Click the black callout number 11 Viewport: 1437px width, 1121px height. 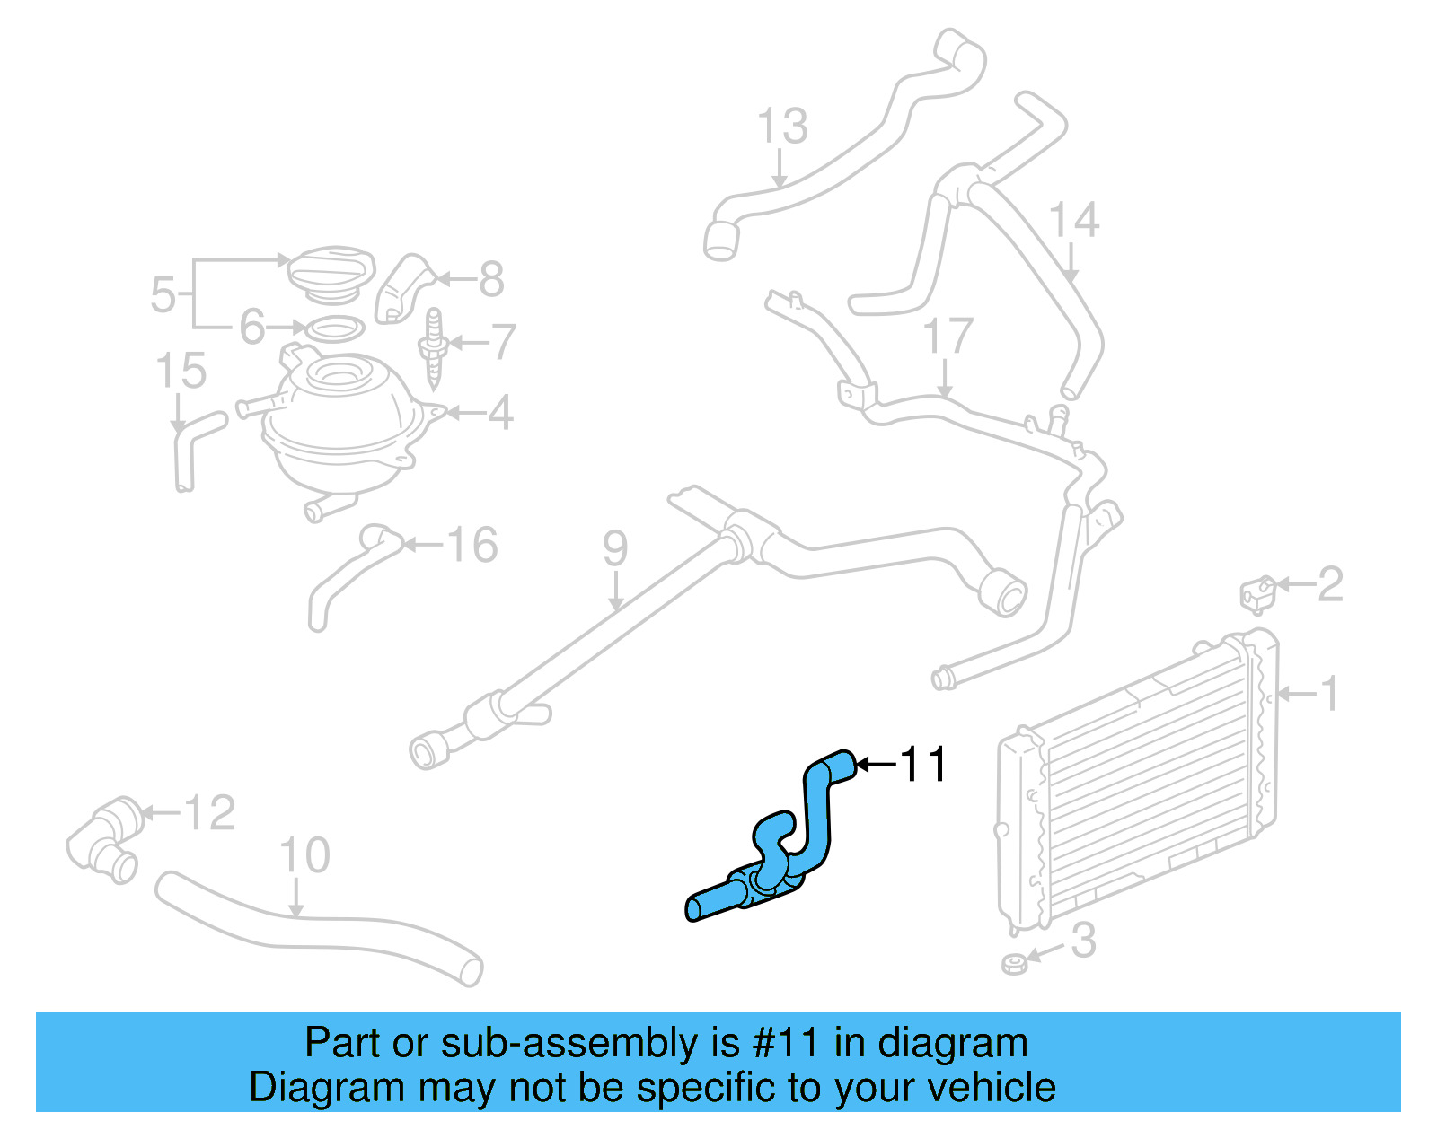tap(922, 765)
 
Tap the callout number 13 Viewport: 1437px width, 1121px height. tap(782, 127)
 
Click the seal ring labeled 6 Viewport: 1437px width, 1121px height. tap(335, 329)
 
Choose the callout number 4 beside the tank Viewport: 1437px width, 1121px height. tap(500, 413)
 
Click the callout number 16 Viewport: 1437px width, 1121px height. tap(472, 545)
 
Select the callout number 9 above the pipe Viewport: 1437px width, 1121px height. tap(615, 547)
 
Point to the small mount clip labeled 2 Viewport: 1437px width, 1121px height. tap(1259, 593)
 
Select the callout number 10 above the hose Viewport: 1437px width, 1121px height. tap(304, 855)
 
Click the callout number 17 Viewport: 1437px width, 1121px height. tap(948, 336)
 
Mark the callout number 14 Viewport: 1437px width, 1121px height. tap(1074, 220)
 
